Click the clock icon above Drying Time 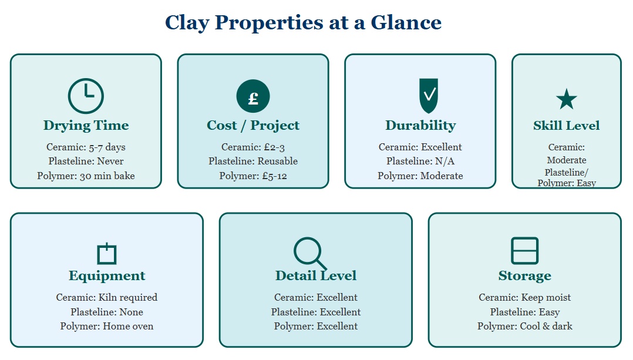[x=86, y=96]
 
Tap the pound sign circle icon [x=253, y=96]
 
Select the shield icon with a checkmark [x=429, y=96]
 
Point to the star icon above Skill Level [x=567, y=99]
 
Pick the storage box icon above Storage [x=524, y=251]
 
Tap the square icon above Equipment [x=107, y=254]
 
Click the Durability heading [x=420, y=125]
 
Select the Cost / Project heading [x=253, y=125]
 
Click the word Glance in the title [x=406, y=22]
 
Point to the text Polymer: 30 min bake [x=86, y=176]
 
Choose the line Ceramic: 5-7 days [x=86, y=147]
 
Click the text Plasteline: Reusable [x=253, y=161]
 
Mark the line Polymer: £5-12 [x=253, y=176]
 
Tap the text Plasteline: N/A [x=420, y=161]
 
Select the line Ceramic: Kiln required [x=107, y=297]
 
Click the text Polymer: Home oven [x=107, y=326]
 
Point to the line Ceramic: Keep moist [x=525, y=297]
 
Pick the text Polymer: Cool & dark [x=525, y=326]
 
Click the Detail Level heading [x=316, y=275]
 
